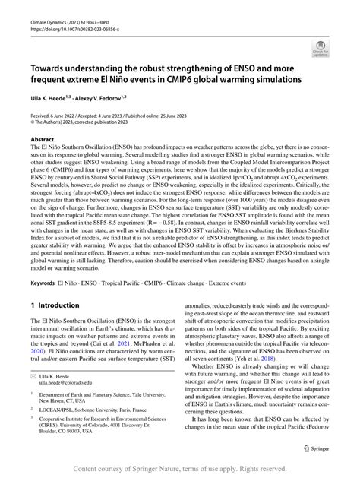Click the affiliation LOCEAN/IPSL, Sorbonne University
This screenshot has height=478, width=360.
[97, 429]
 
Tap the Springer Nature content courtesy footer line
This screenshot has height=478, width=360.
[179, 470]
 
